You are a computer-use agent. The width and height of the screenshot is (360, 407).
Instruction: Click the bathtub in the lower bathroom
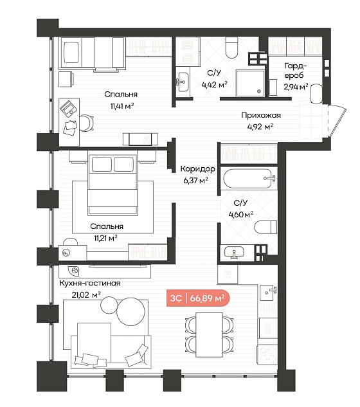tap(249, 179)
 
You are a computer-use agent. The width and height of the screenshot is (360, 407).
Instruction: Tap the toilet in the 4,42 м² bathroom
tap(231, 48)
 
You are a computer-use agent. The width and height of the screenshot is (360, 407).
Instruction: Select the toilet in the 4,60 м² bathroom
tap(265, 227)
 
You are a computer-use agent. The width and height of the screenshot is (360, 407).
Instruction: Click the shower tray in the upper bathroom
tap(250, 83)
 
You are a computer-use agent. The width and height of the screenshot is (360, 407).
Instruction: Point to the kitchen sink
tap(268, 292)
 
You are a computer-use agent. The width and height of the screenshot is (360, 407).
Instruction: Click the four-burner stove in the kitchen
tap(267, 355)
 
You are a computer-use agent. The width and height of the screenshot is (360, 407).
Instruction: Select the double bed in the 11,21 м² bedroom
tap(113, 185)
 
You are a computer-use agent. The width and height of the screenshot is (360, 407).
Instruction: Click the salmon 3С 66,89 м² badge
tap(198, 298)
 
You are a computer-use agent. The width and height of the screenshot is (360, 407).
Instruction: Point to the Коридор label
tap(198, 169)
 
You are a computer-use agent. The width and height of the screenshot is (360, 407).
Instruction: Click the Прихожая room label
tap(261, 115)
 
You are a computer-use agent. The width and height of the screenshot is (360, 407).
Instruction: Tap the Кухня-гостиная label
tap(90, 283)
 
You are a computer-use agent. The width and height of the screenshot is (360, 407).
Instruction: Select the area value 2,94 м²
tap(296, 86)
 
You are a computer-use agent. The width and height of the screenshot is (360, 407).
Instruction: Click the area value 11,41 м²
tap(122, 106)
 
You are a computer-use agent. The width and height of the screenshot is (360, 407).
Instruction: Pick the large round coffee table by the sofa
tap(130, 312)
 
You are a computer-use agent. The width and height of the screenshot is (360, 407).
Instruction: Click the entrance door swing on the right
tap(337, 120)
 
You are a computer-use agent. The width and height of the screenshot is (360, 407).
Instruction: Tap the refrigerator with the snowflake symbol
tap(228, 274)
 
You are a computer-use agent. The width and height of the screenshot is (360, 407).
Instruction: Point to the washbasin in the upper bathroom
tap(183, 82)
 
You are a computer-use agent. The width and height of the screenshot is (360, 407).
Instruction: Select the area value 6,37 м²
tap(195, 180)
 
